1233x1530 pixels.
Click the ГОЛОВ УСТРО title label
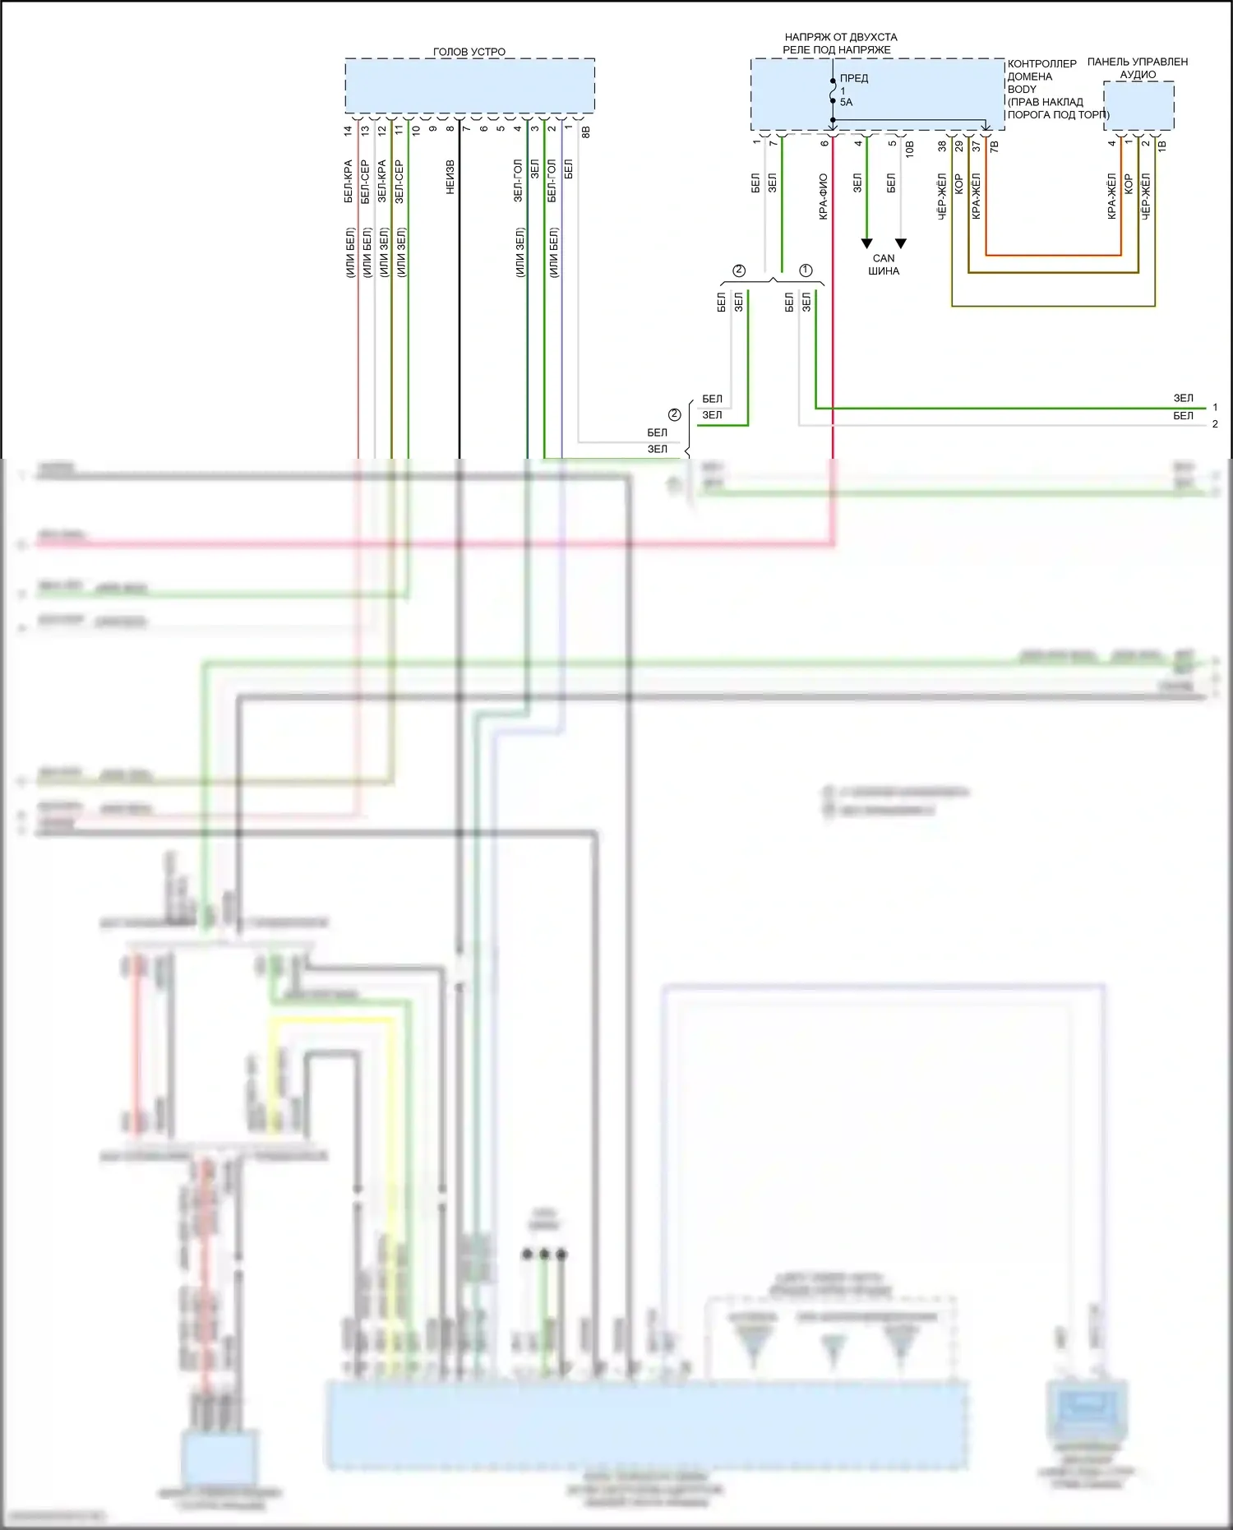tap(469, 52)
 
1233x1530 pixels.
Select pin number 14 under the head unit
tap(349, 130)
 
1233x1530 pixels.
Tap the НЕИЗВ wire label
tap(450, 178)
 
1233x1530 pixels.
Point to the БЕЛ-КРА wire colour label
tap(349, 182)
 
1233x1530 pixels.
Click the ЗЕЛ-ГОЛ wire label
tap(518, 181)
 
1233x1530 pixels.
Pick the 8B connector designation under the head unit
tap(586, 131)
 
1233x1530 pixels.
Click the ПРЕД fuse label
tap(854, 78)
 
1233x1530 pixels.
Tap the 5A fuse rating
tap(846, 102)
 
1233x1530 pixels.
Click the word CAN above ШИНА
tap(884, 258)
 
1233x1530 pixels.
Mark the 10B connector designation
tap(910, 148)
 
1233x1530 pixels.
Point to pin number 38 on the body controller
tap(942, 146)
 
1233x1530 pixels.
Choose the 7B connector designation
tap(995, 146)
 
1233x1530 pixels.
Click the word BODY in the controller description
tap(1022, 89)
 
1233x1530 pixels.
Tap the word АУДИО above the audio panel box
tap(1138, 75)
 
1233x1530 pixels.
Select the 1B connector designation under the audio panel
tap(1162, 146)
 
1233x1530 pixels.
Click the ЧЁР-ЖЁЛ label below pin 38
tap(942, 196)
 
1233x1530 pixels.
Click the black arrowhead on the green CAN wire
tap(866, 243)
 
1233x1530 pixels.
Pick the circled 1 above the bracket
tap(806, 270)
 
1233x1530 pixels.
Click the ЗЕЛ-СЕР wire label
tap(399, 182)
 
